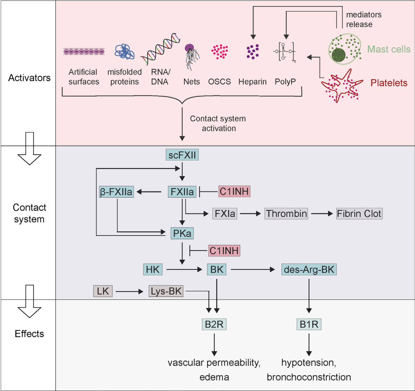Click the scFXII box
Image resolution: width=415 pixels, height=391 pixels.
click(182, 155)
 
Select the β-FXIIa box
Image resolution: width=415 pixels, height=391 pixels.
click(116, 192)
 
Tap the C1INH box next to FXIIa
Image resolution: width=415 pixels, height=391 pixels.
click(234, 192)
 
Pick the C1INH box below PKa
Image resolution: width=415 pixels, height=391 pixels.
click(224, 251)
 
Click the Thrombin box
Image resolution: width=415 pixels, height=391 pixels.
click(286, 214)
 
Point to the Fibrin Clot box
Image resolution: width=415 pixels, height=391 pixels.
click(359, 214)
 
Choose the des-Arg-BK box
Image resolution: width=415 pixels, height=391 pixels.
click(309, 270)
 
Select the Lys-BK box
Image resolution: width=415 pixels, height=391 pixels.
click(166, 291)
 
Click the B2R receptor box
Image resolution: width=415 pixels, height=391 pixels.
click(214, 324)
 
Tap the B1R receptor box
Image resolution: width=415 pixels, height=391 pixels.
click(309, 324)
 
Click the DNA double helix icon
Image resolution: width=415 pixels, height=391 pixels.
click(161, 49)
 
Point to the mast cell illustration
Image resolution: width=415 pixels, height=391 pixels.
click(345, 49)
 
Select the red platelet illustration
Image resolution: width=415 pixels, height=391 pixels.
click(341, 86)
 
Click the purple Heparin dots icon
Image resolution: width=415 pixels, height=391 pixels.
click(252, 52)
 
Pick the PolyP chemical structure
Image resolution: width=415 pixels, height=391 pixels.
click(284, 52)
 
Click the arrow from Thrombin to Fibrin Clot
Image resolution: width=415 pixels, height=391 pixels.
click(322, 214)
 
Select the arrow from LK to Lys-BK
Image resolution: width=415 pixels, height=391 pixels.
click(130, 291)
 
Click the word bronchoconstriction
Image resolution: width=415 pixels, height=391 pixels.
click(309, 377)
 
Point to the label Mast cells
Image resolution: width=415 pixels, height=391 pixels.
click(389, 49)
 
